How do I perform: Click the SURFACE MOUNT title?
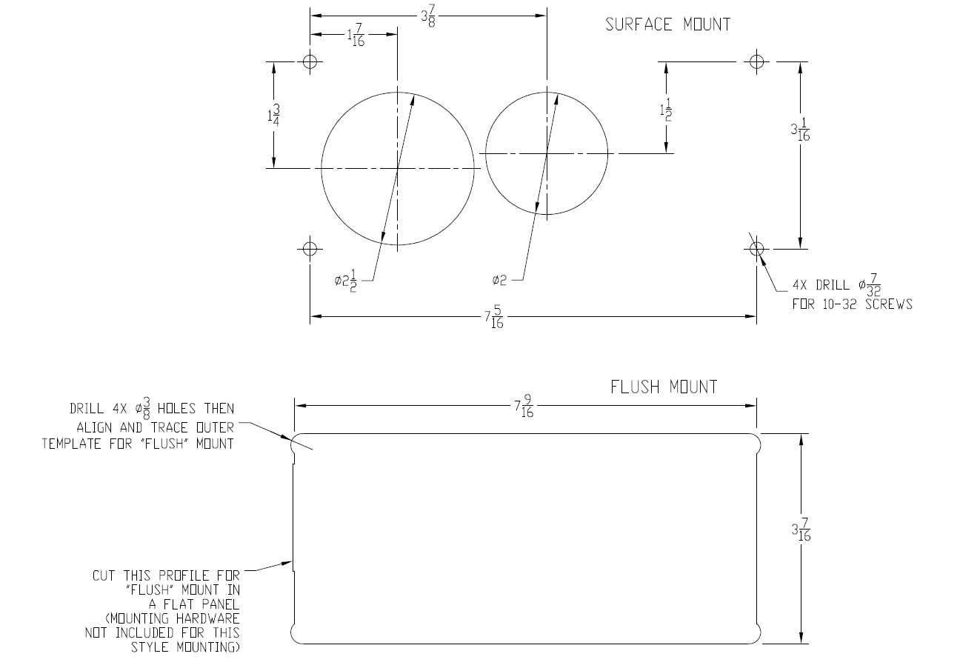667,24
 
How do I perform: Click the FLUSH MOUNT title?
664,387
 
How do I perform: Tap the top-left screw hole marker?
310,61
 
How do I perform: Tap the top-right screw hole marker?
756,61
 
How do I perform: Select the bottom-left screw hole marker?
310,247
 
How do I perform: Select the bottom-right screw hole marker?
756,248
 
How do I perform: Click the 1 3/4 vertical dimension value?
274,116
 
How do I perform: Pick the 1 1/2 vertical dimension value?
667,110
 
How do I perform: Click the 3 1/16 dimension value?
800,131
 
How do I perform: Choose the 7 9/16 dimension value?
524,407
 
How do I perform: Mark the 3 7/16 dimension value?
800,530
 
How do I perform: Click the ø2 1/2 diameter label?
346,281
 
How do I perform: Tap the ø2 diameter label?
499,280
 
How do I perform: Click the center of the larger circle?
398,168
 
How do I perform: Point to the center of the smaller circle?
547,153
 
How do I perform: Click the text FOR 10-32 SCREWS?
852,304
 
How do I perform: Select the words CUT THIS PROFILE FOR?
167,575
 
